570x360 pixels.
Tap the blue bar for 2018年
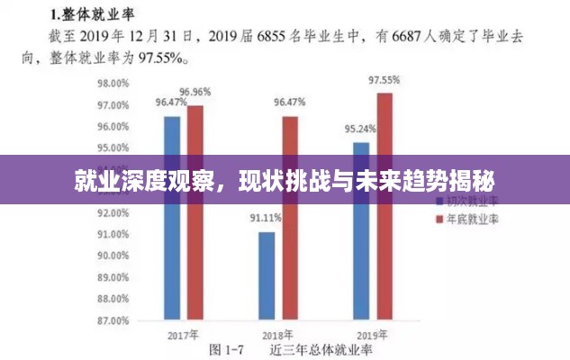pyautogui.click(x=267, y=274)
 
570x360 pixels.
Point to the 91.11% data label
pyautogui.click(x=266, y=218)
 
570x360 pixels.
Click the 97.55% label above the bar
pyautogui.click(x=385, y=80)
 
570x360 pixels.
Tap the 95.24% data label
pyautogui.click(x=360, y=129)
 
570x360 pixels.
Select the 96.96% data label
pyautogui.click(x=195, y=92)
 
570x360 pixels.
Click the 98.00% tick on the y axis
pyautogui.click(x=113, y=83)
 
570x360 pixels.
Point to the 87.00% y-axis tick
pyautogui.click(x=113, y=319)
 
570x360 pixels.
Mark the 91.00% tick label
pyautogui.click(x=113, y=234)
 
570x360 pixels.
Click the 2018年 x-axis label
pyautogui.click(x=278, y=335)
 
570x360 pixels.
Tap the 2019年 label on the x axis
pyautogui.click(x=374, y=335)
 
